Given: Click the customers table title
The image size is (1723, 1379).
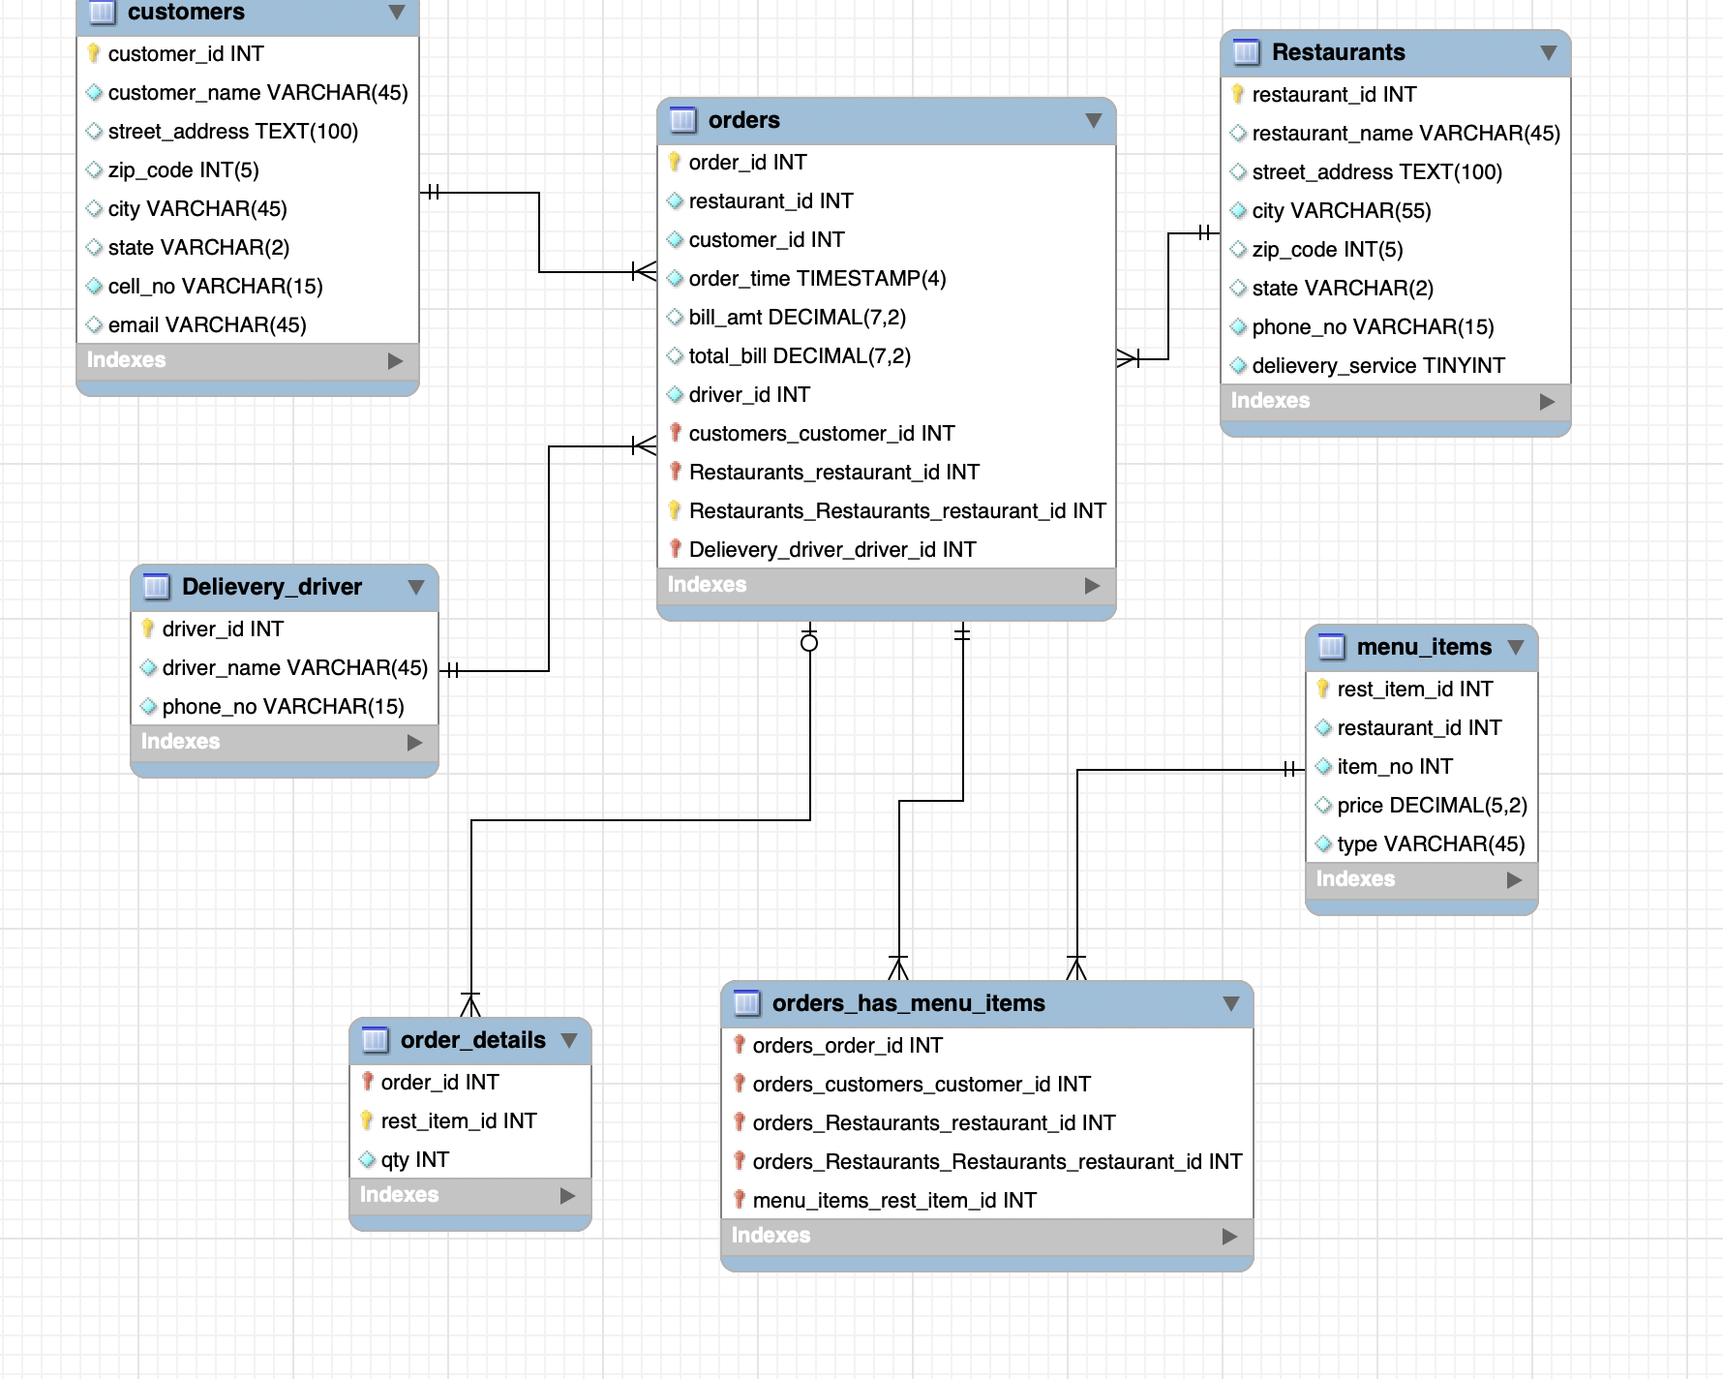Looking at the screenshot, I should [186, 13].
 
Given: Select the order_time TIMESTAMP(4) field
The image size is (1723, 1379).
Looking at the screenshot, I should [817, 279].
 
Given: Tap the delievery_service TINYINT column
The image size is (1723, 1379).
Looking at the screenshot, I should [1377, 366].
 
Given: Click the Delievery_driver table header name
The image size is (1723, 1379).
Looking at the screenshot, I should [271, 587].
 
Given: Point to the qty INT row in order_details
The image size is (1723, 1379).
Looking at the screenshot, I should [414, 1160].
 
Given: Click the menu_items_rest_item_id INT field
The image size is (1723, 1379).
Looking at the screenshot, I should [893, 1201].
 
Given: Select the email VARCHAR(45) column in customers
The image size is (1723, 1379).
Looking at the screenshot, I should [206, 325].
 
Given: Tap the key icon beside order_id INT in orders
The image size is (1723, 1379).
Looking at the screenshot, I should [675, 162].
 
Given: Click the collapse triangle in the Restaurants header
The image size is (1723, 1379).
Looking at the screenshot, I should [1548, 52].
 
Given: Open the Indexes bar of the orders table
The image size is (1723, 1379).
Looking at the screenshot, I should [885, 585].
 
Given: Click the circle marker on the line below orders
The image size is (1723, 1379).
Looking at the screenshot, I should [809, 643].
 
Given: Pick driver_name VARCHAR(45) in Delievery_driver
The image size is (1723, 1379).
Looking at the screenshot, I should [294, 668].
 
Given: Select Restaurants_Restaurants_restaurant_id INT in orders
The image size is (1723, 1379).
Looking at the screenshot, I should [896, 511].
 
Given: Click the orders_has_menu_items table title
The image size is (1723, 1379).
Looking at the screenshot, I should [908, 1003].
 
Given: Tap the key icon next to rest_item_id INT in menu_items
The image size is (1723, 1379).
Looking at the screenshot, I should [1323, 689].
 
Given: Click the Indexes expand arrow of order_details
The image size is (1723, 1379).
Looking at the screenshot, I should [568, 1196].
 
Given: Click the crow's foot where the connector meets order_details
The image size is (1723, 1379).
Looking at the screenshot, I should [470, 1005].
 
